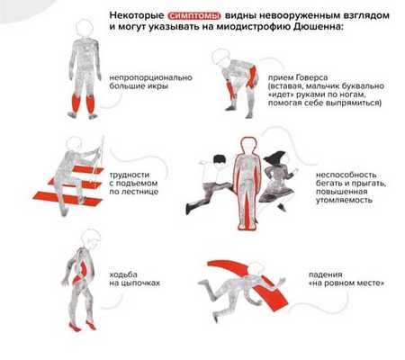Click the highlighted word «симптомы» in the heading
tap(194, 15)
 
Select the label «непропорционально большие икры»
tap(150, 82)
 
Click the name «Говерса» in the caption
tap(312, 77)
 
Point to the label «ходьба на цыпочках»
tap(134, 279)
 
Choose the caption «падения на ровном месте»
tap(346, 279)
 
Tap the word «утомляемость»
tap(344, 200)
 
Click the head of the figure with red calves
tap(84, 28)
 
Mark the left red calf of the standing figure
tap(76, 103)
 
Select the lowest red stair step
tap(67, 199)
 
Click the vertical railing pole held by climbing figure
tap(101, 155)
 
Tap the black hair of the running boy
tap(220, 159)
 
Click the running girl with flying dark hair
tap(277, 181)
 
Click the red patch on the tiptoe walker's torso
tap(80, 271)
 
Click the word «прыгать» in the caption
tap(369, 184)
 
